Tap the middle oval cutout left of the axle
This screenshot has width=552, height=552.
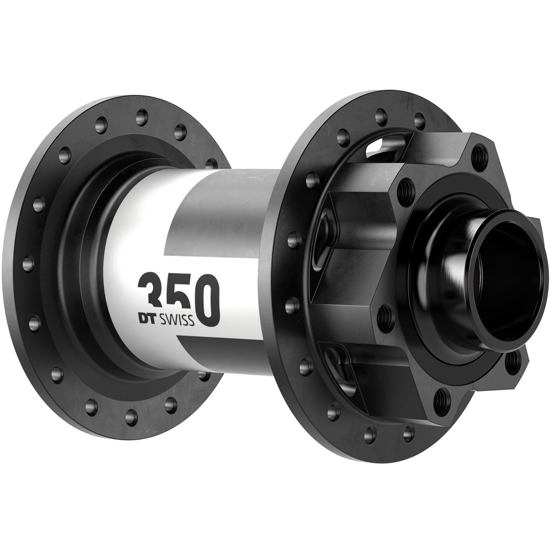coord(328,230)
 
